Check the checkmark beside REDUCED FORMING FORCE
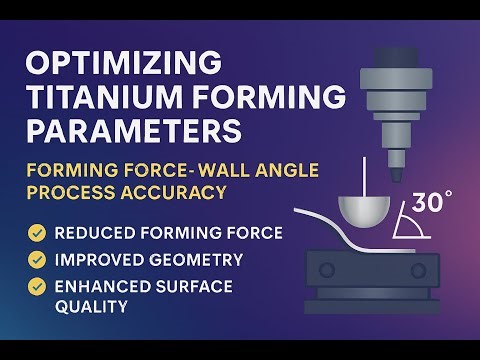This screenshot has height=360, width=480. tap(37, 234)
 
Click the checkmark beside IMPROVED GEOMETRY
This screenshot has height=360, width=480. tap(37, 259)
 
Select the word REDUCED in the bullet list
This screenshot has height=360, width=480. tap(92, 234)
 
